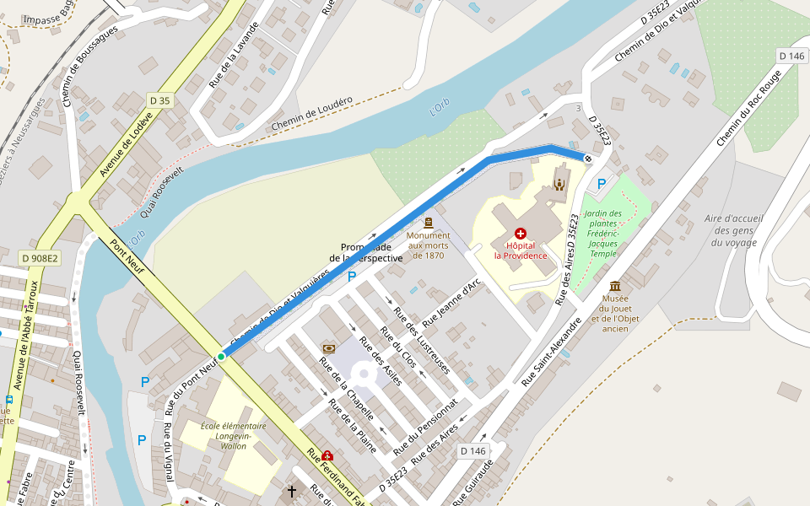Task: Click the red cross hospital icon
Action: [x=520, y=232]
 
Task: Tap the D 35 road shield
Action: [x=159, y=100]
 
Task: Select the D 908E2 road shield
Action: [x=39, y=257]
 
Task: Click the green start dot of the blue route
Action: [x=221, y=357]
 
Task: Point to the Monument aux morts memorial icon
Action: [x=429, y=223]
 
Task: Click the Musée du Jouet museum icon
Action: [x=615, y=286]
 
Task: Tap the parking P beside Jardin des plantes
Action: [x=602, y=183]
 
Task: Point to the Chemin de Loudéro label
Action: [x=312, y=115]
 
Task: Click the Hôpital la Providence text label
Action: [x=521, y=250]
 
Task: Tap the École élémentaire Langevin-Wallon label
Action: [x=234, y=436]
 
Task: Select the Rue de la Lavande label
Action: [x=228, y=64]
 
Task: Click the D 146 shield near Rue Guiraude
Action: [x=473, y=451]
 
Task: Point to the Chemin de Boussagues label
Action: [x=89, y=66]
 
